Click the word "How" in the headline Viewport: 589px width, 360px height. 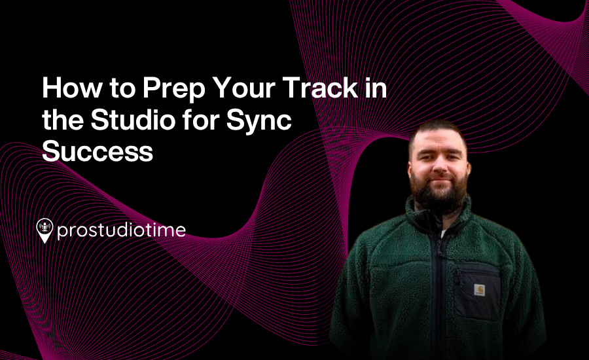coord(72,88)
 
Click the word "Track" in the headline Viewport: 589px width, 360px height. coord(320,88)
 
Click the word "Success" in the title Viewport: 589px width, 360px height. coord(98,151)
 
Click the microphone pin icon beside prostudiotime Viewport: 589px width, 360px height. coord(45,230)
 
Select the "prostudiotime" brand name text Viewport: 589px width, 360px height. coord(121,230)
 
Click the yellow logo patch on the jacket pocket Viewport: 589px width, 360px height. coord(479,290)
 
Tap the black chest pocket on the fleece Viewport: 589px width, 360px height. coord(477,291)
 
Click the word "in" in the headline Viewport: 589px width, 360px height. coord(376,88)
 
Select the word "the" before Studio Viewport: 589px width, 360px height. coord(63,120)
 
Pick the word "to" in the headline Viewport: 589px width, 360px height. coord(122,88)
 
